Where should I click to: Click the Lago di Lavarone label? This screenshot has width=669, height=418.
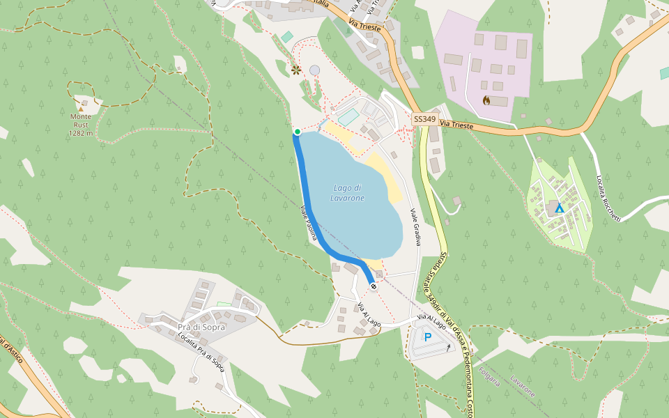(347, 193)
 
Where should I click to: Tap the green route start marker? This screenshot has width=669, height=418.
(298, 132)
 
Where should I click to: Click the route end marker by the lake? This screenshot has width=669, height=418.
(374, 286)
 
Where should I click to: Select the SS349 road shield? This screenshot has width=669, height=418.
(424, 119)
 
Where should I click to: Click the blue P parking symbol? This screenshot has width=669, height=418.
(428, 337)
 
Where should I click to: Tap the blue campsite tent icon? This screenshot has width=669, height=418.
(559, 208)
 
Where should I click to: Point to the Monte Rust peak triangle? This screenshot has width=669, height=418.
(81, 109)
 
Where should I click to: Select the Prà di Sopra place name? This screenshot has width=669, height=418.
(201, 327)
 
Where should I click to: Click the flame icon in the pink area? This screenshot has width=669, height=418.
(486, 100)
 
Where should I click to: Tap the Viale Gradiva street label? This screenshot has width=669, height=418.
(416, 227)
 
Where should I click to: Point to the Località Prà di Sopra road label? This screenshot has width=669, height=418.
(201, 350)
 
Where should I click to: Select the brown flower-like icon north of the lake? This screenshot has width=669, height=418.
(296, 70)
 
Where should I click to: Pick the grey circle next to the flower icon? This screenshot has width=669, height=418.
(315, 70)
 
